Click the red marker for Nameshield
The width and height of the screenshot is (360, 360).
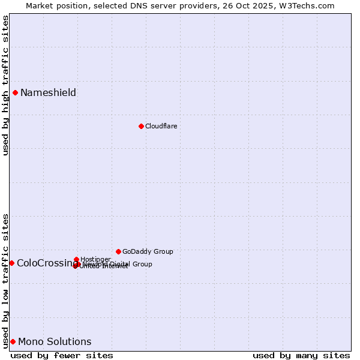tap(15, 92)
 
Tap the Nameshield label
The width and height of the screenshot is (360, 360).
tap(48, 92)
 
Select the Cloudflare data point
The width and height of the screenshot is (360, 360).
tap(141, 126)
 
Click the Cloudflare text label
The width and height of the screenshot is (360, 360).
tap(161, 126)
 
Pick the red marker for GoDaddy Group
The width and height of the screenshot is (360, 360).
tap(118, 251)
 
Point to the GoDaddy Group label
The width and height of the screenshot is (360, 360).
tap(148, 251)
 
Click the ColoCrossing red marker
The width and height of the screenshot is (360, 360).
tap(11, 263)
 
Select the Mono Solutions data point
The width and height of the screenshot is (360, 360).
tap(13, 341)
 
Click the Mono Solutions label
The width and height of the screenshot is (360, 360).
tap(55, 342)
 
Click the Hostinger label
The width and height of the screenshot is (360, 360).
tap(95, 259)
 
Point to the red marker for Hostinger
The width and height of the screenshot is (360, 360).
tap(76, 259)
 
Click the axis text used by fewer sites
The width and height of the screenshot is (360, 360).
tap(62, 355)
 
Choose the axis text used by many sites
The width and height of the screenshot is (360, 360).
tap(301, 355)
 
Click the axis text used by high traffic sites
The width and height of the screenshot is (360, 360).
tap(5, 85)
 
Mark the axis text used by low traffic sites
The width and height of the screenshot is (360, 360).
tap(5, 280)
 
